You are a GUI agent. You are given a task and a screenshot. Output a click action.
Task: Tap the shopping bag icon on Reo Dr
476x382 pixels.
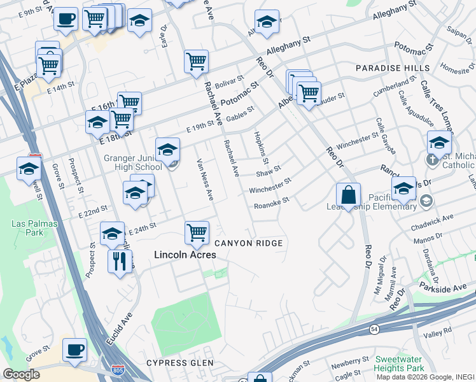(348, 195)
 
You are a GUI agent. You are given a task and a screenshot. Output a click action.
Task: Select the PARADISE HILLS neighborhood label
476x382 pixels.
(388, 68)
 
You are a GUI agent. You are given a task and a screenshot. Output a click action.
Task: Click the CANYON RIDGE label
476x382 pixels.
(248, 244)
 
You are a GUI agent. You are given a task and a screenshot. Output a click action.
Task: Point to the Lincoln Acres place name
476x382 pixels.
(185, 255)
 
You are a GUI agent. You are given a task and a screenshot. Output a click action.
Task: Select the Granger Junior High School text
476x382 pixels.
(133, 162)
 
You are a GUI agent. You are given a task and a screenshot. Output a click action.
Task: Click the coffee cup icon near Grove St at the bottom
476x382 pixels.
(74, 350)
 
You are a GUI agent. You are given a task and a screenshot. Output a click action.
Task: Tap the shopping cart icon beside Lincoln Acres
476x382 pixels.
(197, 232)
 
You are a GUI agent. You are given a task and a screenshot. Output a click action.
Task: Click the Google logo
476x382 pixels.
(22, 374)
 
